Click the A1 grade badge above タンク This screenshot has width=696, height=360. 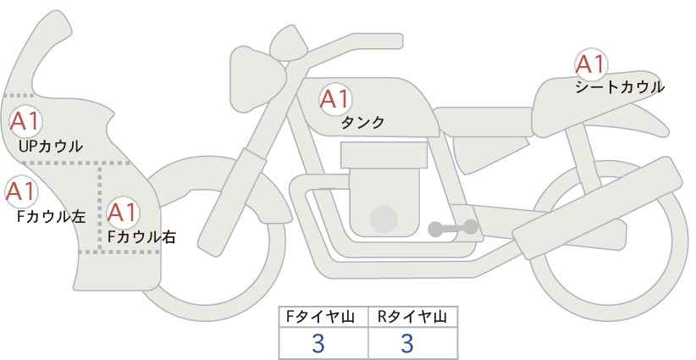(x=335, y=99)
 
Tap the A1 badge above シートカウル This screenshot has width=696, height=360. (x=591, y=64)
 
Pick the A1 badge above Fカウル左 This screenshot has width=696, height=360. (x=21, y=191)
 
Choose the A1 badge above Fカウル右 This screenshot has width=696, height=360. (x=122, y=212)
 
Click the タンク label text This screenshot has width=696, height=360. (x=362, y=122)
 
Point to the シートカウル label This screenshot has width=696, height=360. (x=620, y=86)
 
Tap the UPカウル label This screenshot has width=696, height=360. (x=51, y=146)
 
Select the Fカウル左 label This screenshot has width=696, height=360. (x=51, y=216)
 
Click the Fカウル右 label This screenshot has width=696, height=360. (x=141, y=237)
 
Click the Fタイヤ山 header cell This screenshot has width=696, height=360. (x=323, y=317)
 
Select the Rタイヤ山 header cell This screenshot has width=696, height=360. (x=413, y=317)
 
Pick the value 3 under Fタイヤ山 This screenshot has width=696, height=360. (x=318, y=343)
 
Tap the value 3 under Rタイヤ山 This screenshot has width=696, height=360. (x=407, y=343)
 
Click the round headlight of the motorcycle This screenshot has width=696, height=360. (x=257, y=80)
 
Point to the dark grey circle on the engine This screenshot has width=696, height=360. (x=384, y=219)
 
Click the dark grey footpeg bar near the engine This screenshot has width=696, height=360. (x=453, y=228)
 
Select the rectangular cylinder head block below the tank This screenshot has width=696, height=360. (x=384, y=155)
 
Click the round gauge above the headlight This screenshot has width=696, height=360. (x=290, y=43)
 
